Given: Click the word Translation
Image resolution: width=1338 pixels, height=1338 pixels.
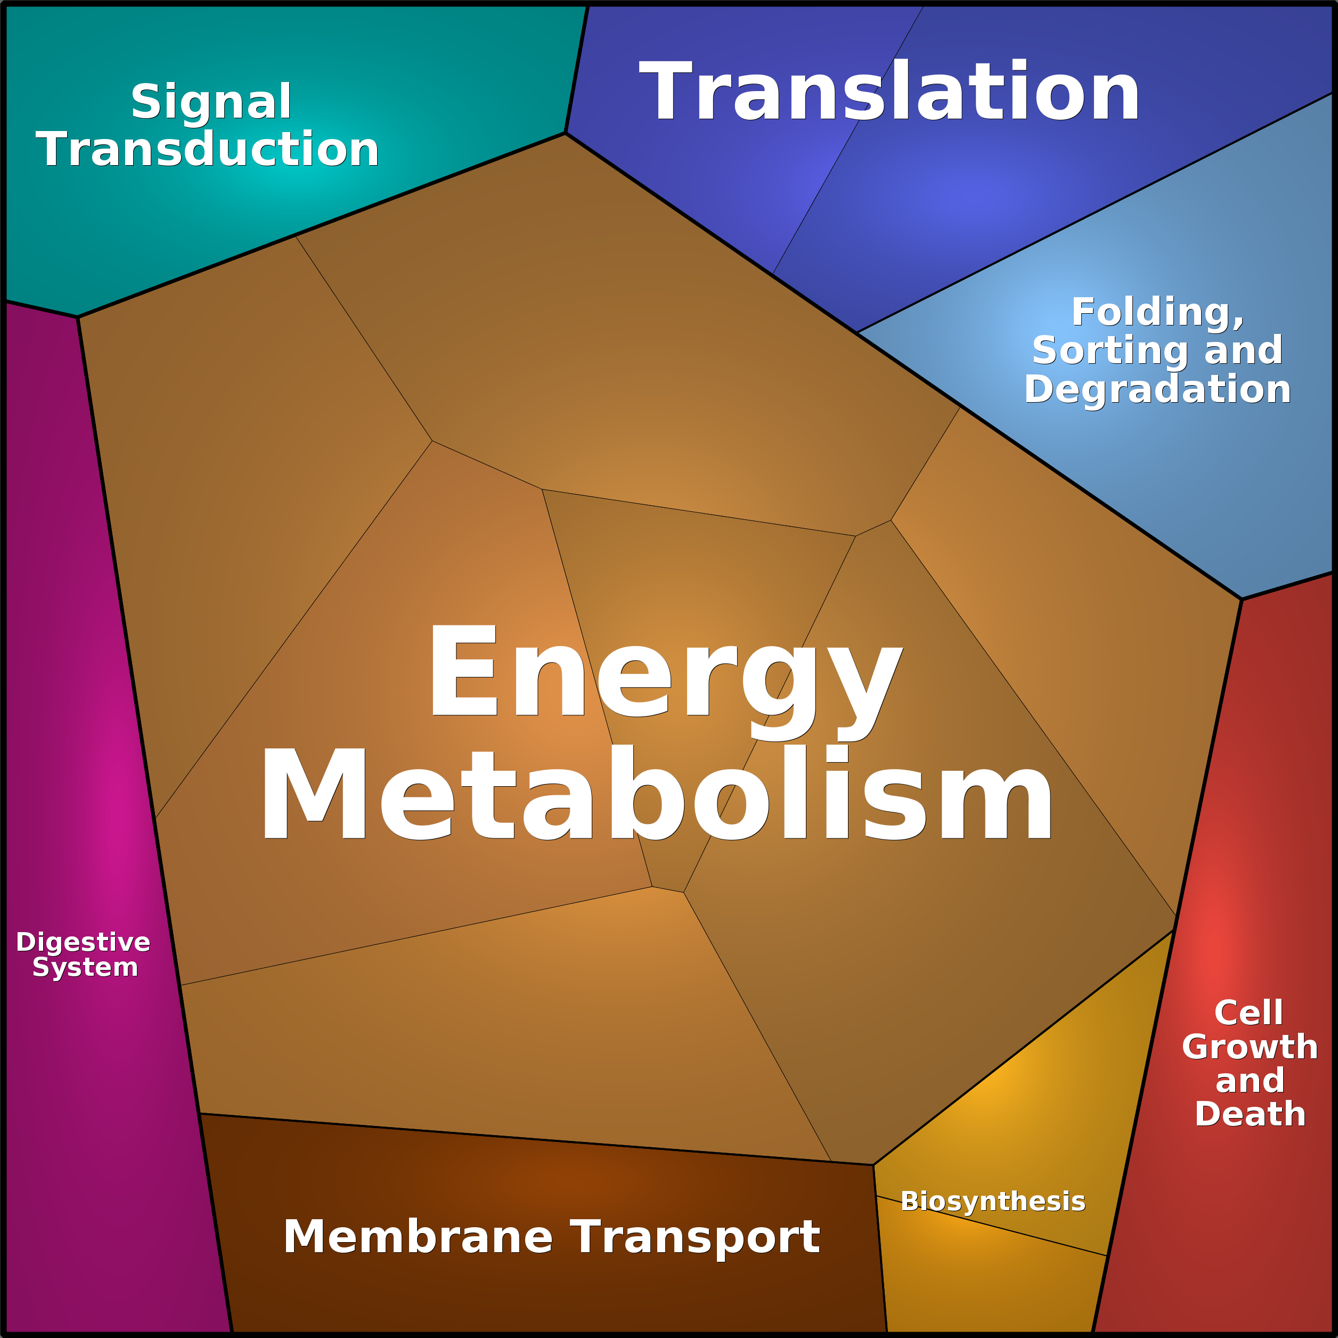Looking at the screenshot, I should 888,92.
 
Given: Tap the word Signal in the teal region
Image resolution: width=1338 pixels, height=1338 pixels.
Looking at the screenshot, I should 211,102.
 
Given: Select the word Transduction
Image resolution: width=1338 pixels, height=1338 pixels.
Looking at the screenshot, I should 208,150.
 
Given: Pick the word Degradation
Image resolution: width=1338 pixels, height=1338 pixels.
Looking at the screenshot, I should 1157,389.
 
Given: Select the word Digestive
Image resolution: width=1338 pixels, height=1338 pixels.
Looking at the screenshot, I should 83,942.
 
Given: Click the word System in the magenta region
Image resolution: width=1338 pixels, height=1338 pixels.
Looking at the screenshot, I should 85,967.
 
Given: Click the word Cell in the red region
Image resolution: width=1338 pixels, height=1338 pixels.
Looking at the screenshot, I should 1249,1013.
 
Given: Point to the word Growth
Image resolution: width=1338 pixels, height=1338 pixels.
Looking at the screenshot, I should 1250,1047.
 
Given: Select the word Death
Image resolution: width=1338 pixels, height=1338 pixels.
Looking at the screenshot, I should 1250,1114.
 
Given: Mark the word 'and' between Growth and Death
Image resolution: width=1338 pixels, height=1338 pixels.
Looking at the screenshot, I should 1250,1080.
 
